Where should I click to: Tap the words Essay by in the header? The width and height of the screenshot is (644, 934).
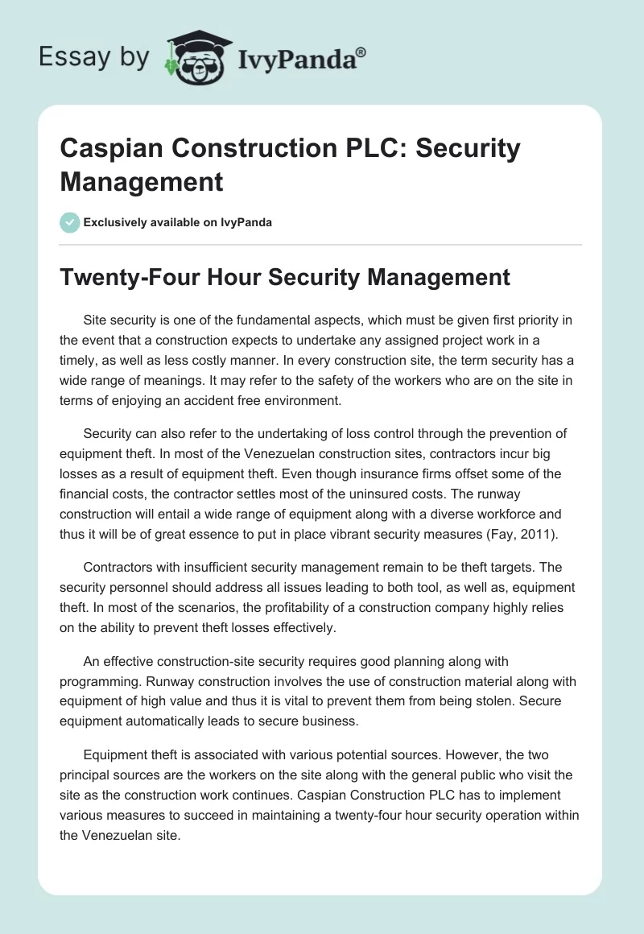click(x=95, y=57)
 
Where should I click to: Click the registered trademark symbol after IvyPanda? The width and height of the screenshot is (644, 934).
click(x=361, y=52)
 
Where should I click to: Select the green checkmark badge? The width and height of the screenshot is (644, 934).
click(x=70, y=222)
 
